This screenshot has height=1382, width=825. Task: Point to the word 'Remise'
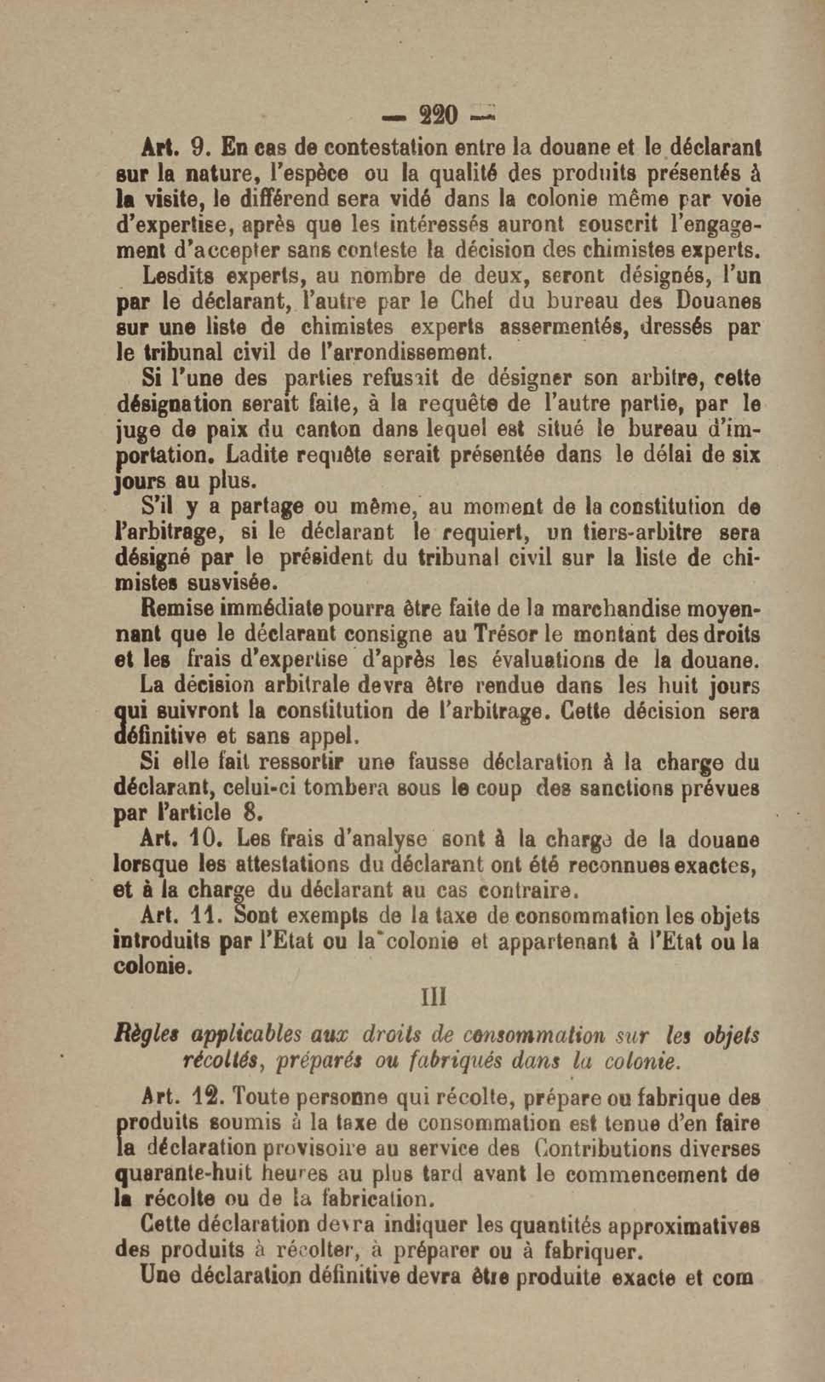click(x=175, y=610)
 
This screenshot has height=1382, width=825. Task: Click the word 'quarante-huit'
click(x=184, y=1174)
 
